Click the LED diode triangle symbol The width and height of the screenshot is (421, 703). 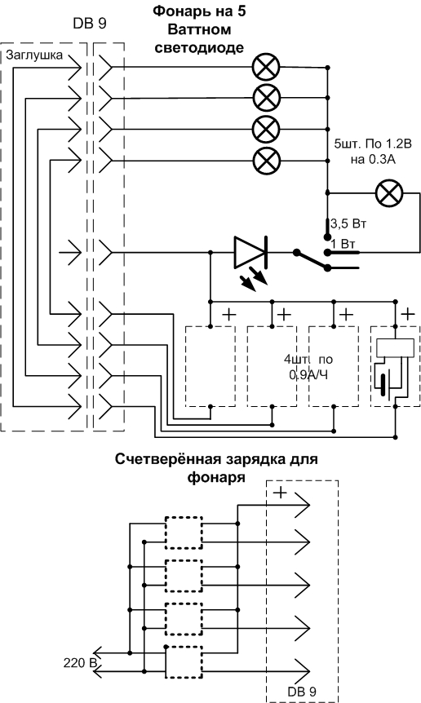click(x=250, y=253)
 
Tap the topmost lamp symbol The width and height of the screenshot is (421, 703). click(x=266, y=68)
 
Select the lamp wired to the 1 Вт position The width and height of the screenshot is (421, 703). click(x=389, y=193)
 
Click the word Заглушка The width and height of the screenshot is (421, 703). click(x=34, y=55)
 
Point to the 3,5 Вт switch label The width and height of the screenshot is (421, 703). click(x=348, y=223)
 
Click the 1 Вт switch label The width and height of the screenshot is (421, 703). click(x=343, y=245)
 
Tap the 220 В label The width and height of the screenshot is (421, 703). click(x=80, y=662)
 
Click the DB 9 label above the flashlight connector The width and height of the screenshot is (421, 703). click(x=90, y=24)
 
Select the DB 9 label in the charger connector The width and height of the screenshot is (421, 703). click(x=303, y=692)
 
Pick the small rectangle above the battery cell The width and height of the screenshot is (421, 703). click(x=395, y=348)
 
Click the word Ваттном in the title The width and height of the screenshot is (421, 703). click(x=199, y=29)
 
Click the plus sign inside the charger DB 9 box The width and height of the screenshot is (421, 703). click(x=280, y=493)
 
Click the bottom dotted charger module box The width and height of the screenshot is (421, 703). click(x=184, y=662)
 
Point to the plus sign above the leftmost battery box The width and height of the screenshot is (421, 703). click(x=228, y=314)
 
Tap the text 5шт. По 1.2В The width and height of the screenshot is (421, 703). click(x=373, y=144)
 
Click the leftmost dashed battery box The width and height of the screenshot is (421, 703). click(x=210, y=366)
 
